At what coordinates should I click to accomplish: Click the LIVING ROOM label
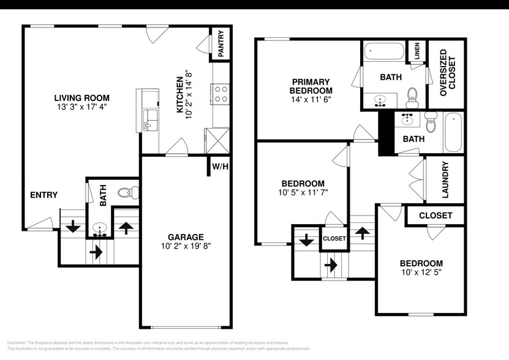click(81, 97)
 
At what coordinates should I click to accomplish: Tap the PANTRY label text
click(221, 43)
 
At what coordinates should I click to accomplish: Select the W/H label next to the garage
click(220, 166)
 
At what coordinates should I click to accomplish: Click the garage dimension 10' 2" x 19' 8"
click(186, 247)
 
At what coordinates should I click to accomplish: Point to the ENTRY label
click(43, 195)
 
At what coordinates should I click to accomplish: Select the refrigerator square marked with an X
click(217, 138)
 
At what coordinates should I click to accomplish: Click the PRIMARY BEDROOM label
click(311, 86)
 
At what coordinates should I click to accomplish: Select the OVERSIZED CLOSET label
click(447, 70)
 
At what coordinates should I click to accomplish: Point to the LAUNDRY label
click(445, 180)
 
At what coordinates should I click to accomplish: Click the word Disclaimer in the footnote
click(18, 342)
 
